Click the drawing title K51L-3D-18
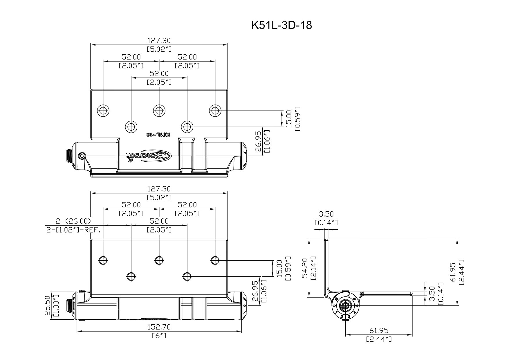tap(281, 26)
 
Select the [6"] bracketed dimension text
tap(159, 336)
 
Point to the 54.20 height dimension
tap(304, 269)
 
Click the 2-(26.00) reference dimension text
tap(73, 221)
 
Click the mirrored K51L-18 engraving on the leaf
tap(158, 134)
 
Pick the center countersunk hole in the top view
tap(159, 110)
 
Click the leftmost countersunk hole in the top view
tap(103, 110)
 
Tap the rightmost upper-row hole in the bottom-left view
tap(215, 260)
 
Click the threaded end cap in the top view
tap(70, 156)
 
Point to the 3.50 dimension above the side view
tap(326, 214)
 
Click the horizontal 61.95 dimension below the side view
tap(379, 331)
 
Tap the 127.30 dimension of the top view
tap(159, 40)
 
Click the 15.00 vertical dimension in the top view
tap(288, 118)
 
